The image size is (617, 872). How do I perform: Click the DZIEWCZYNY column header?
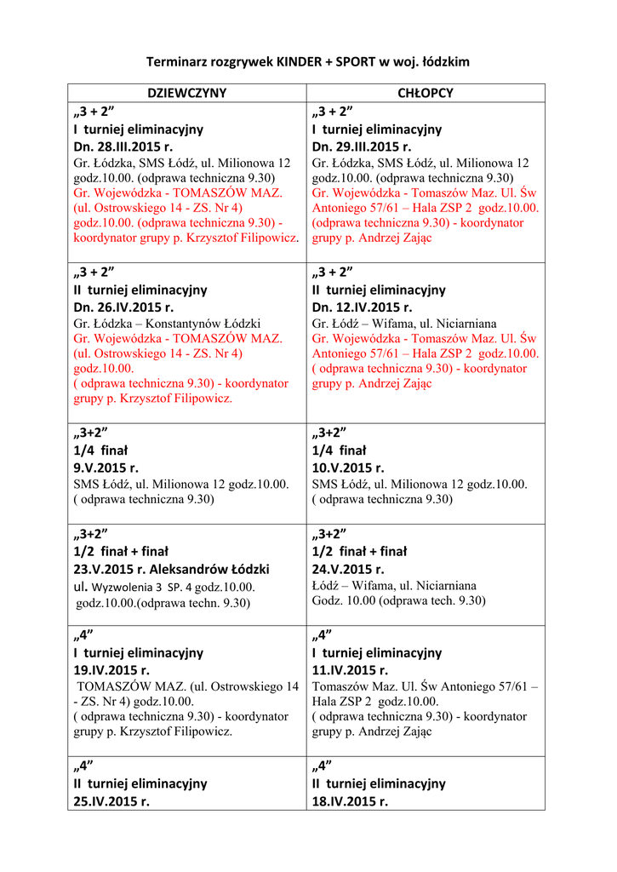187,93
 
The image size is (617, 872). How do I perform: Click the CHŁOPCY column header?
426,93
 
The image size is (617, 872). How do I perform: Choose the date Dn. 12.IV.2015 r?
362,307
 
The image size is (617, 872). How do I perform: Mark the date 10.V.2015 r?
348,468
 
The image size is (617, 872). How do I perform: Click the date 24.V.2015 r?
348,569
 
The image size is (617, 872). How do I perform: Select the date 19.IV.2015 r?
111,670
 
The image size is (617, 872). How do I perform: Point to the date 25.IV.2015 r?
111,801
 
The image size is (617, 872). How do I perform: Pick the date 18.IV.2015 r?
350,801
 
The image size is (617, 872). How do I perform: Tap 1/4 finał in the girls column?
100,450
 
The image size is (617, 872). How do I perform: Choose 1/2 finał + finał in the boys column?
359,551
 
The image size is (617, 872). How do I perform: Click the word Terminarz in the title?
176,61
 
